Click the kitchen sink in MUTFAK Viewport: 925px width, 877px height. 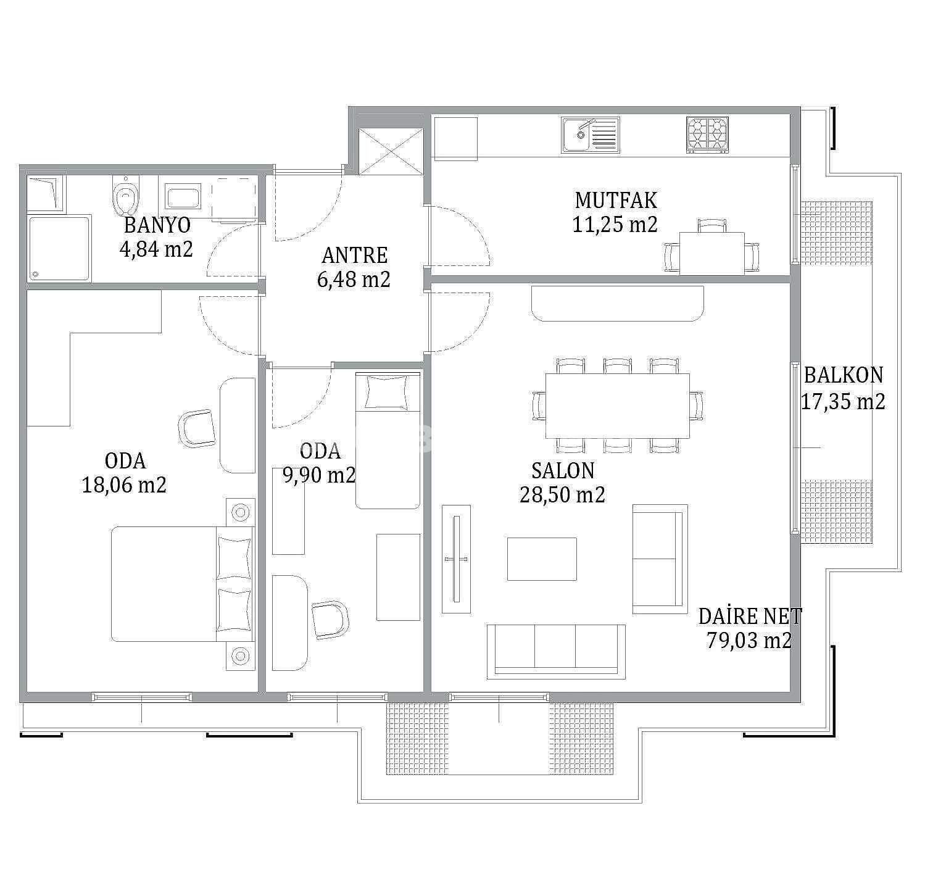point(591,135)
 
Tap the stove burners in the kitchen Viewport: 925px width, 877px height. point(707,135)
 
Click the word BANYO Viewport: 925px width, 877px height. point(157,225)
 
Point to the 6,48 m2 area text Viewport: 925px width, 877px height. point(354,280)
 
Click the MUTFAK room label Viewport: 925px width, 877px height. point(616,200)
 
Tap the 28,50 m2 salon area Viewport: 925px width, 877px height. point(562,494)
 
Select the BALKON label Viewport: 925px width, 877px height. point(844,375)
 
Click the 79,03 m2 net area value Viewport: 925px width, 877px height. point(749,640)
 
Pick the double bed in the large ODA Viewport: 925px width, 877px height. point(183,584)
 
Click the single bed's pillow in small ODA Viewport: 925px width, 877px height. point(387,392)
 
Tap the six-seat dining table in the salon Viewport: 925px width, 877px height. point(618,406)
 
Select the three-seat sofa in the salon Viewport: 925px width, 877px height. point(556,652)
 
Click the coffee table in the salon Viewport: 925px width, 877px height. point(542,559)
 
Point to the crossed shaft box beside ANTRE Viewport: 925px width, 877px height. point(391,152)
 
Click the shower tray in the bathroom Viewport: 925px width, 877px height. point(59,248)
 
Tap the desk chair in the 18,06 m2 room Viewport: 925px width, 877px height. point(197,428)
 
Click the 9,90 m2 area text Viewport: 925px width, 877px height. point(319,475)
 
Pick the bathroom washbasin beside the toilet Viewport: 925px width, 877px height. point(183,197)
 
